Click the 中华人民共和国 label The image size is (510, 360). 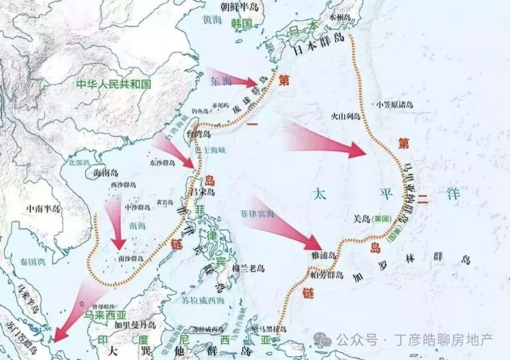click(x=113, y=84)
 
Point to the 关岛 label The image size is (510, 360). click(x=362, y=218)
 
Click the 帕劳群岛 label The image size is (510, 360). click(x=327, y=275)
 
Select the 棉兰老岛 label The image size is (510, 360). click(x=248, y=268)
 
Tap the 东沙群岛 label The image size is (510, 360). click(x=162, y=163)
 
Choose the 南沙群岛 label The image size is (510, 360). click(x=130, y=258)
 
